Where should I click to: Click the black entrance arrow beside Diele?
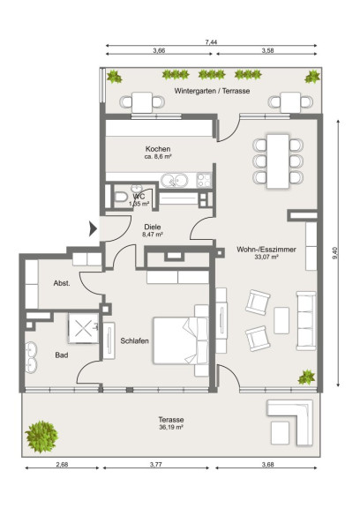[x=93, y=229]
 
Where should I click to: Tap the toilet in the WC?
[x=121, y=197]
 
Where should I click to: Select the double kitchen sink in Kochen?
[x=175, y=181]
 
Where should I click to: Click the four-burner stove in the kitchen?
[x=204, y=180]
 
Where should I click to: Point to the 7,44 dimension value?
[x=211, y=42]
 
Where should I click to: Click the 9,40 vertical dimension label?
[x=335, y=253]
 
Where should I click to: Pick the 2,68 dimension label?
[x=62, y=464]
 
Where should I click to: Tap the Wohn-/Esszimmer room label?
[x=266, y=250]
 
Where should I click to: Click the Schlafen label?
[x=134, y=340]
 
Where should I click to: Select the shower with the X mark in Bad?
[x=84, y=328]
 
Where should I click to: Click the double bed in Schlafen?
[x=181, y=340]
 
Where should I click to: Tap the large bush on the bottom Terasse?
[x=41, y=437]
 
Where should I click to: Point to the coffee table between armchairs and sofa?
[x=281, y=320]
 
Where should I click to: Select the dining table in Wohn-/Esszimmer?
[x=278, y=161]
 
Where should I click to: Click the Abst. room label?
[x=62, y=283]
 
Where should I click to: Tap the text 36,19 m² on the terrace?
[x=171, y=428]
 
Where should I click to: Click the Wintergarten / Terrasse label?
[x=212, y=91]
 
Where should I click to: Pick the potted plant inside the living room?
[x=306, y=377]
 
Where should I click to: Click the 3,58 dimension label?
[x=267, y=50]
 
